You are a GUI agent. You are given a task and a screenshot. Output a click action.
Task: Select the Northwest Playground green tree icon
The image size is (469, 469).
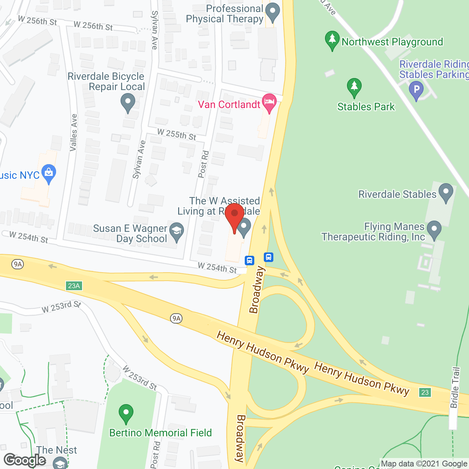click(332, 40)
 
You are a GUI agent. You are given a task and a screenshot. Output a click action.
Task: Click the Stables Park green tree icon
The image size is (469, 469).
click(354, 88)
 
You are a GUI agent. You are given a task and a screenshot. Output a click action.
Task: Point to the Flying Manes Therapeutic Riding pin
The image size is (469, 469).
click(434, 230)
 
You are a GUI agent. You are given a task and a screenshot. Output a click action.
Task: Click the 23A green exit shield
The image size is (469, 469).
click(74, 285)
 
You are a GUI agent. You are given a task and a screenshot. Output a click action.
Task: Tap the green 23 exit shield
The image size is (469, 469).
click(425, 392)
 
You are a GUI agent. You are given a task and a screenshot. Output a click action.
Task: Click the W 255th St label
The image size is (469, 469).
click(177, 134)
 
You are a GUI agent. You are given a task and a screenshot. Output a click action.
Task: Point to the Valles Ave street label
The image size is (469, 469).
click(74, 133)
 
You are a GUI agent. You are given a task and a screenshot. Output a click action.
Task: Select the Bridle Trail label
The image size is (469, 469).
click(455, 388)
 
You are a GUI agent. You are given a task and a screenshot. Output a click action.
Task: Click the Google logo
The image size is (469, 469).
click(25, 460)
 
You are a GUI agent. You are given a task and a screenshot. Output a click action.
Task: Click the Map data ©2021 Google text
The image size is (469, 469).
click(424, 464)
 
